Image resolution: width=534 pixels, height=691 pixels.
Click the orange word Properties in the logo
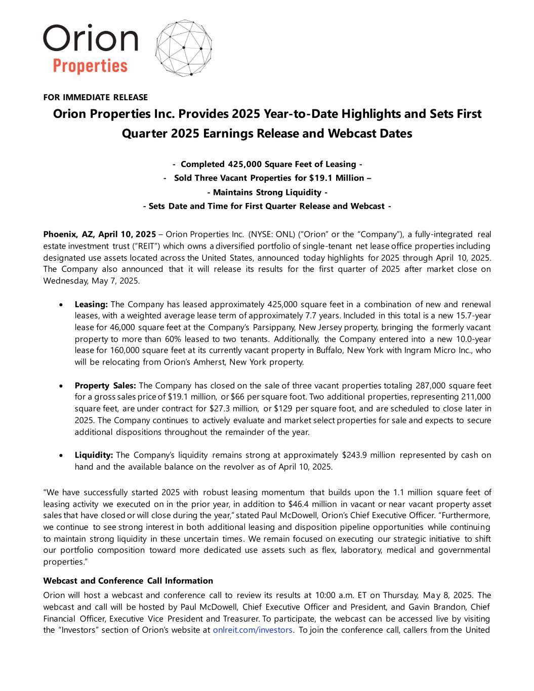90,65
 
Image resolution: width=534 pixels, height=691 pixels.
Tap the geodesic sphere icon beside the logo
183,49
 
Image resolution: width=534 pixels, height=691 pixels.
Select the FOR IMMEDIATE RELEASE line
96,97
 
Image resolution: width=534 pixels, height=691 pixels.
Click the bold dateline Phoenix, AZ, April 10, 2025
100,234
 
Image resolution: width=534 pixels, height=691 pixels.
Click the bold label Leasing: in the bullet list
91,304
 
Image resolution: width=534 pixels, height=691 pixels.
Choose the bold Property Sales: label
105,386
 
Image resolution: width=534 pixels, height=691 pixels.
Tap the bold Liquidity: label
94,455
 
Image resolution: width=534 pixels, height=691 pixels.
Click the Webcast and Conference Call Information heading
128,581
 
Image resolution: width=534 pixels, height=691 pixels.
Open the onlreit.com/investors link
253,630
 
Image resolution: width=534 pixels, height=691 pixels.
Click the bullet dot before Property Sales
61,386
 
